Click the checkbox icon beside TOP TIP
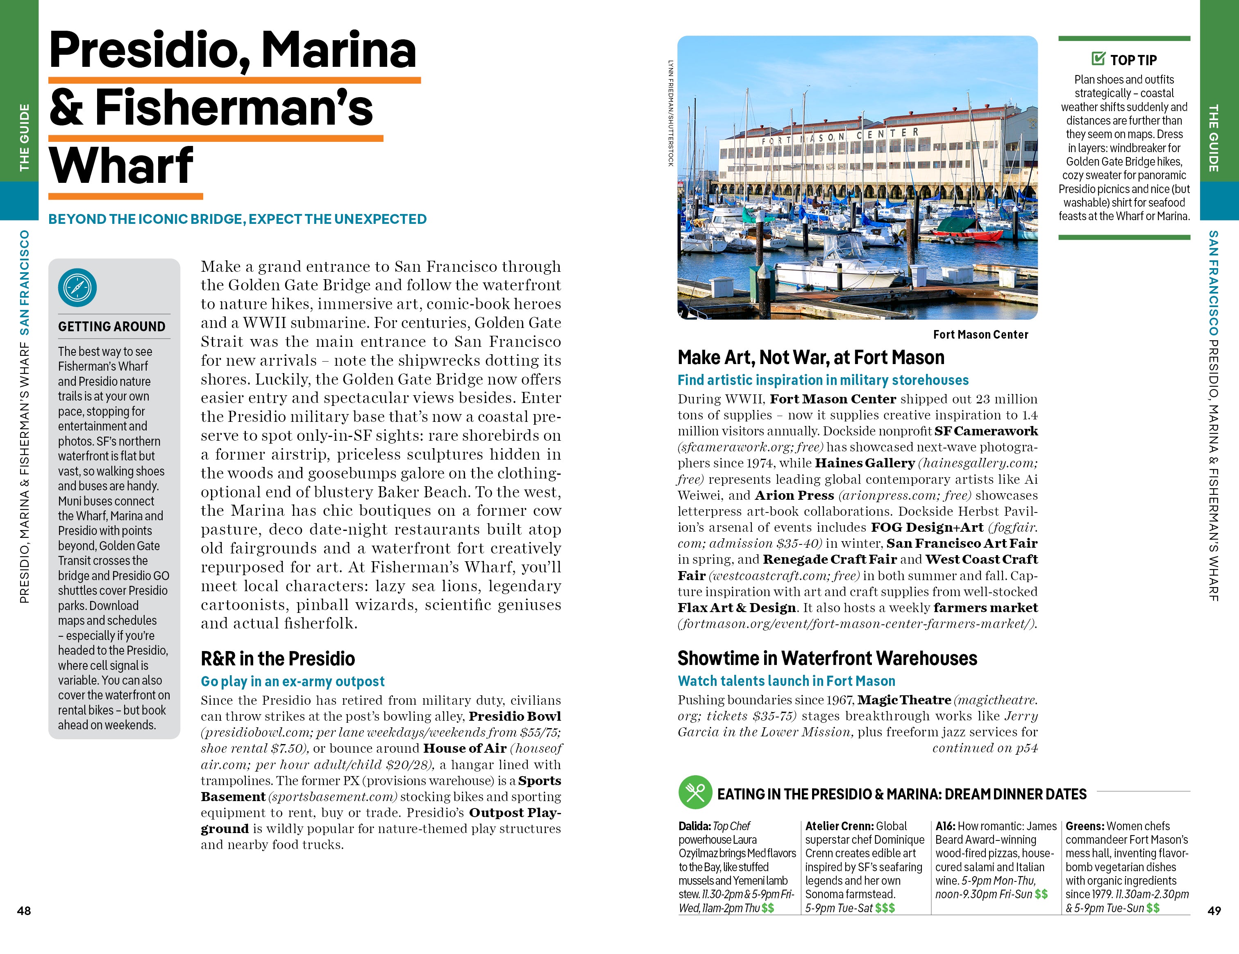(1098, 59)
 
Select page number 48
(24, 910)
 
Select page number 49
(1214, 910)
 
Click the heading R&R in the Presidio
(277, 658)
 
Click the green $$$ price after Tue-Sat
(885, 908)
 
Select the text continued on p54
(985, 748)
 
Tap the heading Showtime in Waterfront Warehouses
(827, 658)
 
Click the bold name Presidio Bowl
(515, 716)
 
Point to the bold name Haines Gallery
(865, 463)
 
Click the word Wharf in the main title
(121, 166)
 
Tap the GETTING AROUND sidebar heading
(112, 326)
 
